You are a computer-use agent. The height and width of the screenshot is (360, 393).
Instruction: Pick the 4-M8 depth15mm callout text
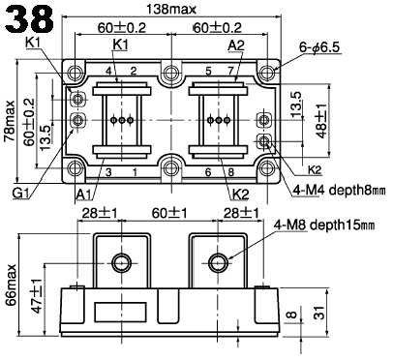tap(323, 225)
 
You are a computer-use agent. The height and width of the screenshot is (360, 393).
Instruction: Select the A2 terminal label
tap(236, 45)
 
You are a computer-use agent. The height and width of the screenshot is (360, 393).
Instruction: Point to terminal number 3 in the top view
tap(108, 172)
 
